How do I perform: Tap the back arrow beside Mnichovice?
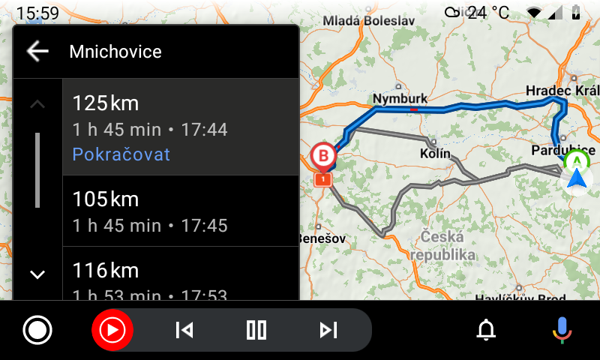tap(37, 51)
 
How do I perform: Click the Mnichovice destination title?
tap(115, 52)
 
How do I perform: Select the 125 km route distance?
tap(106, 103)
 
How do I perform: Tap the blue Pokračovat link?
tap(121, 154)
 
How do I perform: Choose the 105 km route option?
tap(106, 199)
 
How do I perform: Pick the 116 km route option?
tap(106, 270)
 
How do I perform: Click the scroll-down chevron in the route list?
tap(37, 274)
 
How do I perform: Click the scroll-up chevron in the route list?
tap(37, 103)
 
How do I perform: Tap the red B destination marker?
tap(323, 156)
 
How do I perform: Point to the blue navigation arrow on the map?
tap(576, 178)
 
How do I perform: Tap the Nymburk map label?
tap(400, 99)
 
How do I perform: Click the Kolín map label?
tap(435, 154)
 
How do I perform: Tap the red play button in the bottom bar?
tap(112, 329)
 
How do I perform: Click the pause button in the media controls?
tap(256, 329)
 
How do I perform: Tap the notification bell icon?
tap(487, 329)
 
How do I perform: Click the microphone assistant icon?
tap(561, 329)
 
